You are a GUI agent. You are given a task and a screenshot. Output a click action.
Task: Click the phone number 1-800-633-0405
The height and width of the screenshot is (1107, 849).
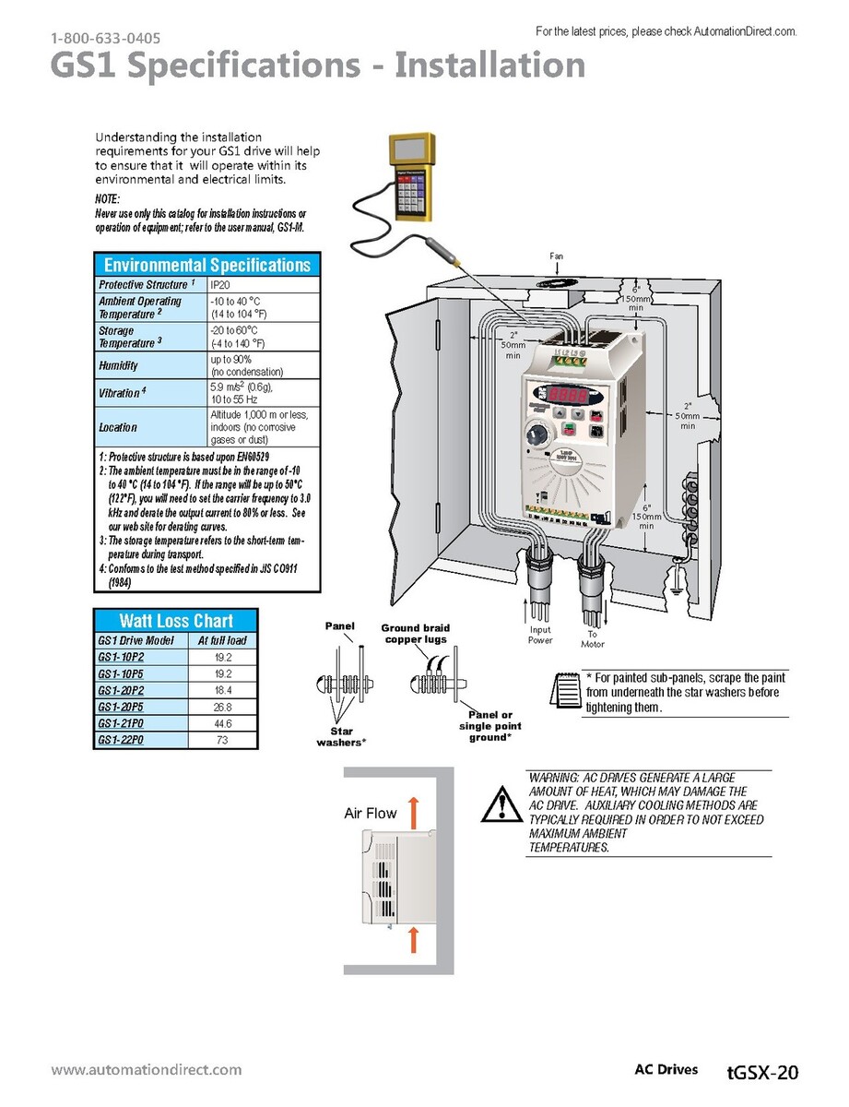tap(106, 39)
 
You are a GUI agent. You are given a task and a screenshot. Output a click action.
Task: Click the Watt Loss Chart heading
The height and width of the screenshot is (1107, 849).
tap(176, 621)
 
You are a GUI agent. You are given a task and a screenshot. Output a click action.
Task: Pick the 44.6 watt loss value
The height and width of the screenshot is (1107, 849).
tap(223, 723)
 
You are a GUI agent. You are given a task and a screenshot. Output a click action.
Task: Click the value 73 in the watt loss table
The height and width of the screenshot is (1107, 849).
tap(223, 740)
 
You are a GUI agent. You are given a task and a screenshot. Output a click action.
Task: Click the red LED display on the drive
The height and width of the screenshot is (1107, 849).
tap(570, 393)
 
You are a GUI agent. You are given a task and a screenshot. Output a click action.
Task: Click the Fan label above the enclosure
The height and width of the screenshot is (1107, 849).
tap(557, 255)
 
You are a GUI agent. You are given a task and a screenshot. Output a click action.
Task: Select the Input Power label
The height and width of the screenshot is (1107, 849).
tap(540, 635)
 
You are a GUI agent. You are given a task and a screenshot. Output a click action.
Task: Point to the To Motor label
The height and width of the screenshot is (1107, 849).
tap(592, 638)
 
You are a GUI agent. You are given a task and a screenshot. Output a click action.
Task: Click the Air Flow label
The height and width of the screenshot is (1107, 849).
tap(371, 813)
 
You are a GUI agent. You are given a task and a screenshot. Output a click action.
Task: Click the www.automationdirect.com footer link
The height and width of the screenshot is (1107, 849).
tap(147, 1070)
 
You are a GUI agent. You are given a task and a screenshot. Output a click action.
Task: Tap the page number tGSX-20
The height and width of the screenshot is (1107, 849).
tap(761, 1072)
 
